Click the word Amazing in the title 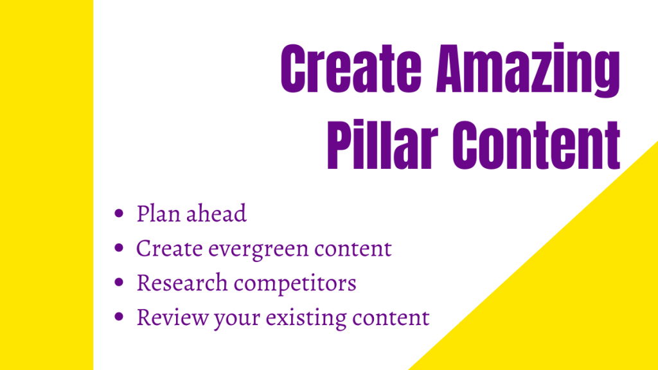click(x=528, y=69)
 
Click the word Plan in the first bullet click(x=159, y=214)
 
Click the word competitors click(x=291, y=283)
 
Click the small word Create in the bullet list click(x=167, y=249)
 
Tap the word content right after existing click(x=390, y=318)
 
